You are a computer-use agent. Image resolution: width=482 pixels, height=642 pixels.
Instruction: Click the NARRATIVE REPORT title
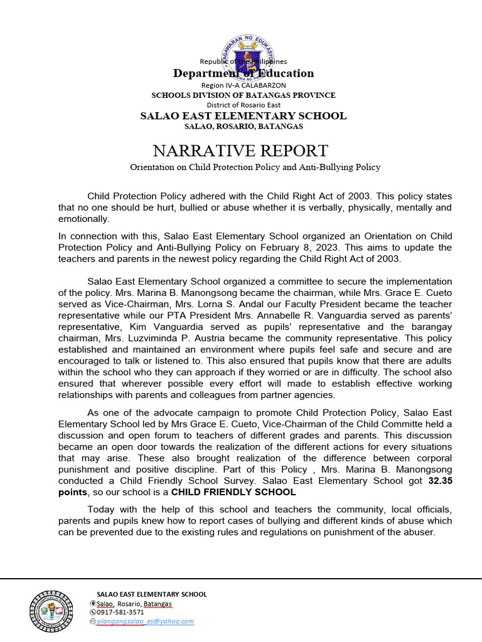click(240, 150)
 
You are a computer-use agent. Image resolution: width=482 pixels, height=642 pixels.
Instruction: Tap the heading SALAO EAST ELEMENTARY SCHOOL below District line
click(243, 115)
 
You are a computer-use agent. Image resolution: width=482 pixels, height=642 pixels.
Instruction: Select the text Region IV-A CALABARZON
click(243, 85)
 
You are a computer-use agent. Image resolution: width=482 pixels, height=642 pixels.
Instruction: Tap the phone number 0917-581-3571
click(120, 612)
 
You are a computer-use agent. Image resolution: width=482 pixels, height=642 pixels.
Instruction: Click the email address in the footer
click(145, 621)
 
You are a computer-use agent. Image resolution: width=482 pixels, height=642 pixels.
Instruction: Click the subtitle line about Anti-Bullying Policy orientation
click(255, 167)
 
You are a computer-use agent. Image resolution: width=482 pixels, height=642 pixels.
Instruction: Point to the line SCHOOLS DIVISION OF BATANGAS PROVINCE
click(243, 95)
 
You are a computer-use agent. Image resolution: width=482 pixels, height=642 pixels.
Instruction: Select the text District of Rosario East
click(243, 105)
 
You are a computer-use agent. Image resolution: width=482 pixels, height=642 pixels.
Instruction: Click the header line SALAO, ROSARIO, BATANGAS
click(243, 126)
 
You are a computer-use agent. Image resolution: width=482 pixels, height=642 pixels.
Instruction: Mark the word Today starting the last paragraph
click(100, 509)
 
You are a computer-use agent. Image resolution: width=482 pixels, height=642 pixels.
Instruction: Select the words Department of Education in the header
click(243, 73)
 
